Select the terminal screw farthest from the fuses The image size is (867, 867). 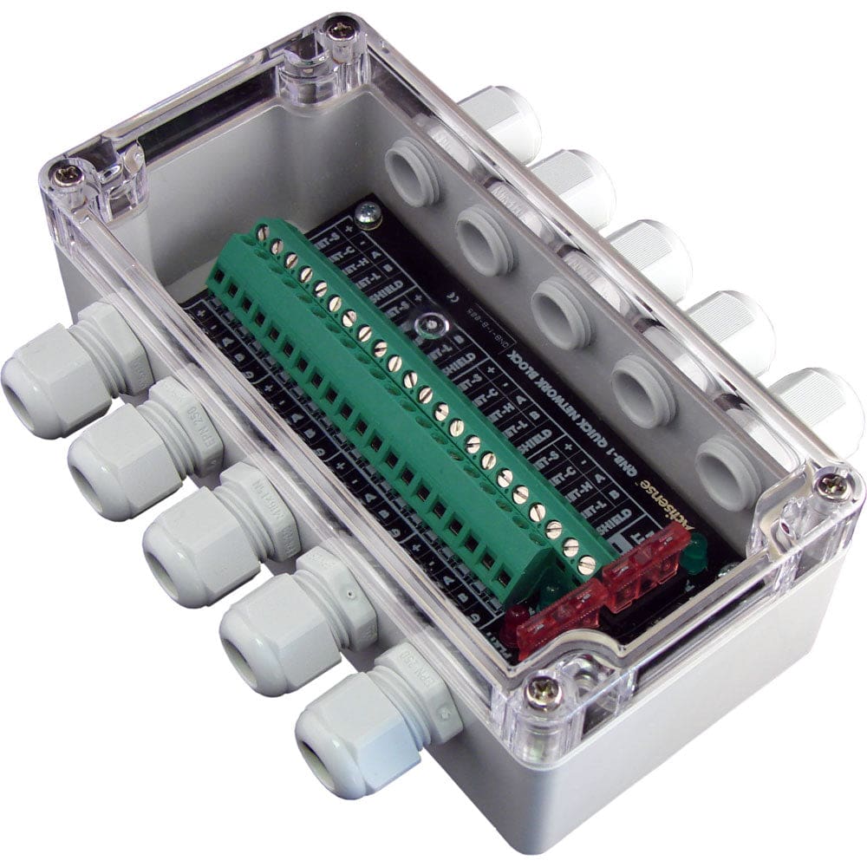pyautogui.click(x=262, y=231)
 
